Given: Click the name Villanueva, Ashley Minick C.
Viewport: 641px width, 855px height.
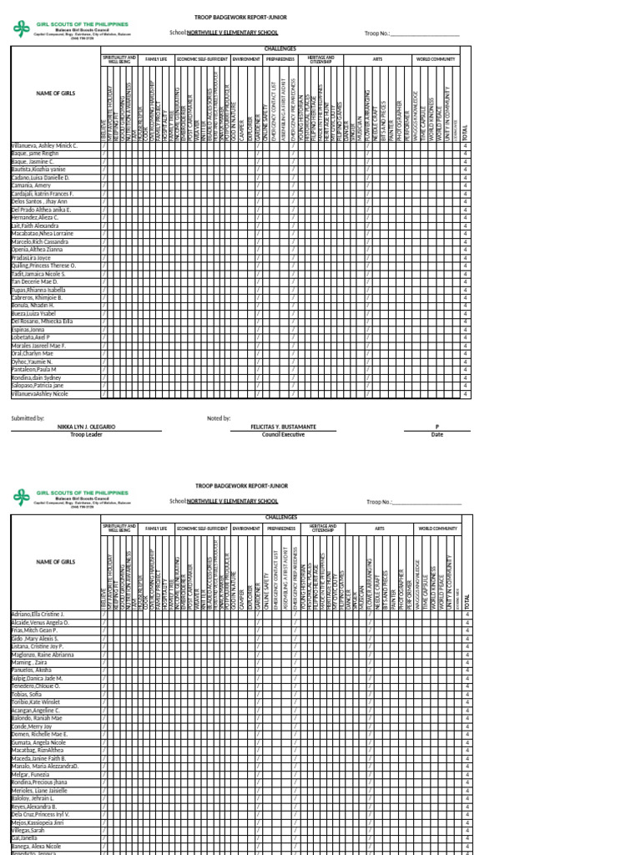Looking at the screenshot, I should click(x=45, y=145).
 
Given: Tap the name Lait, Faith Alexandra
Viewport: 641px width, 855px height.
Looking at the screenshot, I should click(x=35, y=225).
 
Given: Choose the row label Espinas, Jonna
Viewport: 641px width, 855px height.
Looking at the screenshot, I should click(x=28, y=331).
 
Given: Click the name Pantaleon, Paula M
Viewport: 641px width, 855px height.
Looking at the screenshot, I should click(x=34, y=369).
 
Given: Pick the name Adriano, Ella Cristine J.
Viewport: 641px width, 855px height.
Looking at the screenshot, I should click(x=38, y=614).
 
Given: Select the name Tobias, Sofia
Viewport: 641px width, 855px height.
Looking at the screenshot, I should click(x=27, y=694).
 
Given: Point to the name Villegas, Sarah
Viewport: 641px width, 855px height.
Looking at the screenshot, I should click(x=30, y=832).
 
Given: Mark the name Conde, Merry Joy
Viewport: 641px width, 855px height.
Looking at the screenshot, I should click(x=32, y=726).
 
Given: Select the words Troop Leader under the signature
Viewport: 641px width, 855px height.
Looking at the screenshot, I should click(x=86, y=434).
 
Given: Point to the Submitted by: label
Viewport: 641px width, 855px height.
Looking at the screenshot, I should click(x=28, y=417).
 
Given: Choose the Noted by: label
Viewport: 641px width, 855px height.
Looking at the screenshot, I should click(x=219, y=417).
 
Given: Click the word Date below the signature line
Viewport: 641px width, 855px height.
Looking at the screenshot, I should click(x=437, y=434).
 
